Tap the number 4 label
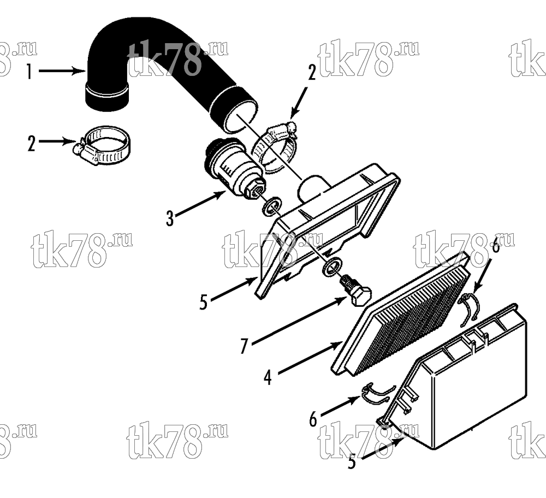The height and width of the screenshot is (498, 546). (x=268, y=377)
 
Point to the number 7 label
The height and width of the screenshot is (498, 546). (x=245, y=346)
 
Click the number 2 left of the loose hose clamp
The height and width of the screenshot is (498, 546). (x=31, y=144)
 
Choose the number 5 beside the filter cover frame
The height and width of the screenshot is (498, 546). (x=204, y=302)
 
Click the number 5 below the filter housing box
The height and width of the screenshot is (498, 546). (x=352, y=461)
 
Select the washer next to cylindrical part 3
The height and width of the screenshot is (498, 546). (x=272, y=206)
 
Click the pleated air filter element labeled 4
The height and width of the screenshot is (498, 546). (x=400, y=315)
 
